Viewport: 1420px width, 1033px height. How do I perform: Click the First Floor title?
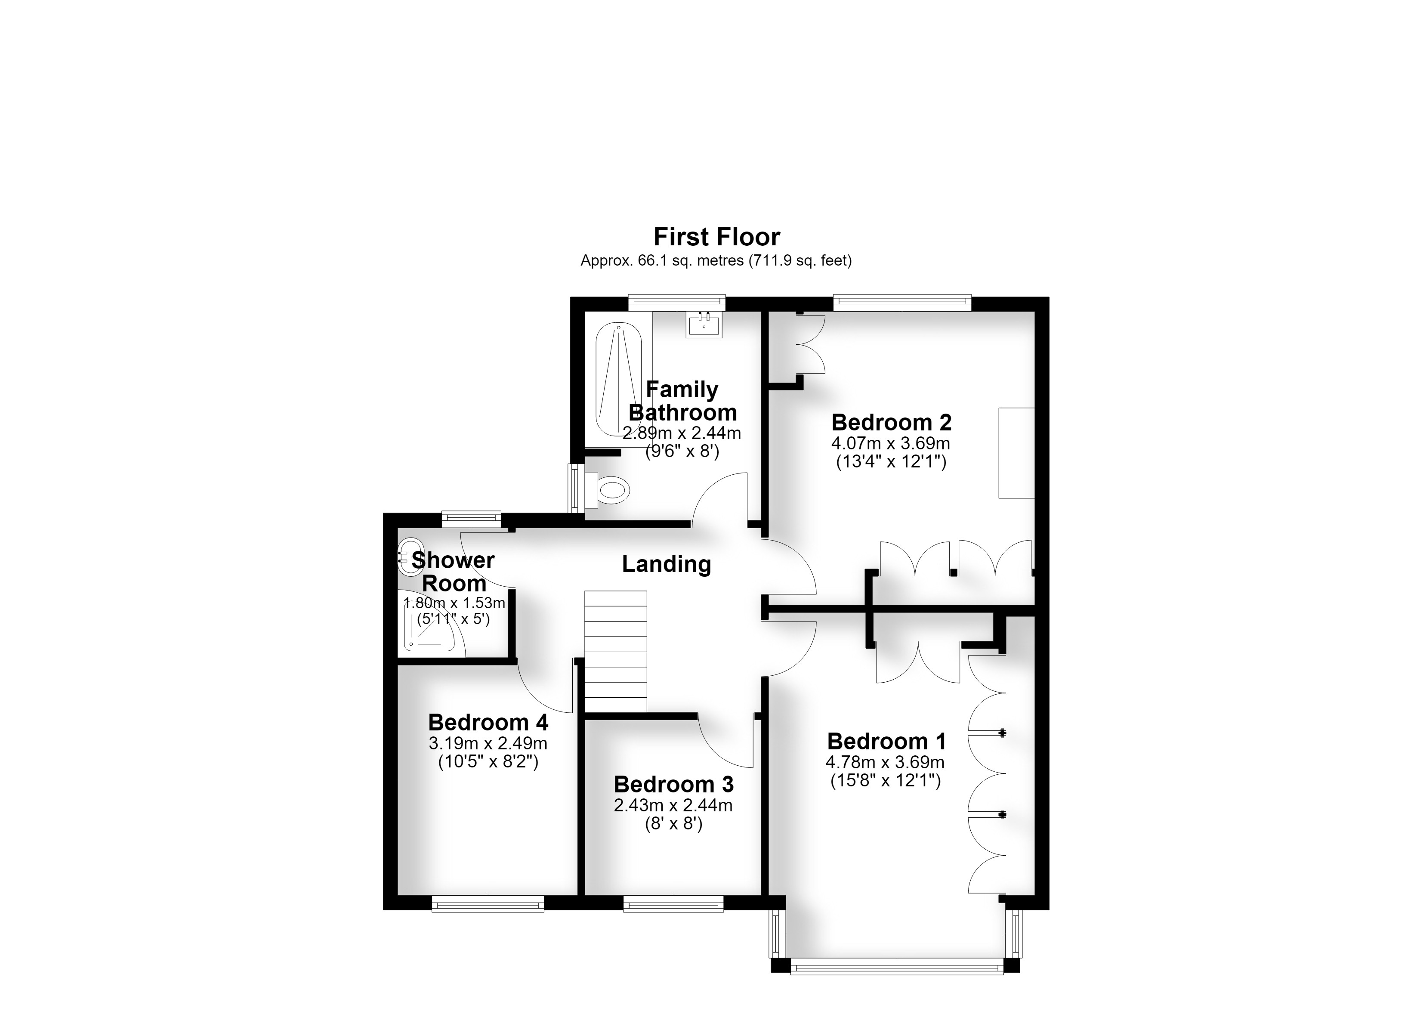pyautogui.click(x=716, y=237)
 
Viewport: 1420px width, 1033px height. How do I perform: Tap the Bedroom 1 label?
pyautogui.click(x=886, y=741)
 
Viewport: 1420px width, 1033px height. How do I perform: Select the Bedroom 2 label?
pyautogui.click(x=891, y=422)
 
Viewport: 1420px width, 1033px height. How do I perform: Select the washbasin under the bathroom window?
pyautogui.click(x=704, y=325)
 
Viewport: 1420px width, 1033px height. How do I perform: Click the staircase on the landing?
pyautogui.click(x=615, y=652)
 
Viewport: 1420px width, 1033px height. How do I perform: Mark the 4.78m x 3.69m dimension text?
pyautogui.click(x=885, y=762)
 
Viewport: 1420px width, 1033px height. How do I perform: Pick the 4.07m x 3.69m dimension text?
pyautogui.click(x=890, y=443)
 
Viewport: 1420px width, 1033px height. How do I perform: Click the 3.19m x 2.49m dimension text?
pyautogui.click(x=488, y=744)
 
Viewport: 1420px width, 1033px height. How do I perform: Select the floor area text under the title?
pyautogui.click(x=716, y=260)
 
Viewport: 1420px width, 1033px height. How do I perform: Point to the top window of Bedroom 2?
pyautogui.click(x=902, y=303)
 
